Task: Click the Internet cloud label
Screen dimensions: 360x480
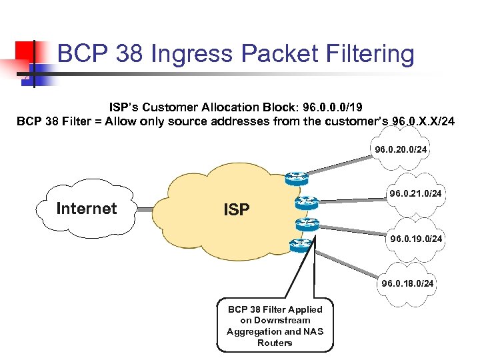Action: coord(86,209)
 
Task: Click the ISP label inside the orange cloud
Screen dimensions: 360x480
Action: coord(237,210)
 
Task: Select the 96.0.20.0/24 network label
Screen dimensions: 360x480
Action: coord(401,150)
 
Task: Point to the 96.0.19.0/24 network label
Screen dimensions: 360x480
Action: coord(416,239)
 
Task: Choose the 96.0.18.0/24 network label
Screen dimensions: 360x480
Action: coord(407,283)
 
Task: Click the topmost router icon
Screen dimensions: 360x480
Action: coord(296,178)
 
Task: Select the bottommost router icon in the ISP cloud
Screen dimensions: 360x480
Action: coord(301,245)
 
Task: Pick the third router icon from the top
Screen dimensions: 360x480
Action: coord(307,224)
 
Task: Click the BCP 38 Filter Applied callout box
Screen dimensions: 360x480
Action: coord(275,325)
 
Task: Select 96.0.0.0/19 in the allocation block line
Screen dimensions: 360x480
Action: coord(330,107)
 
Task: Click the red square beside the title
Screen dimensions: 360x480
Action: coord(25,51)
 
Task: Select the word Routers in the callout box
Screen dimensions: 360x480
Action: coord(275,343)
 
